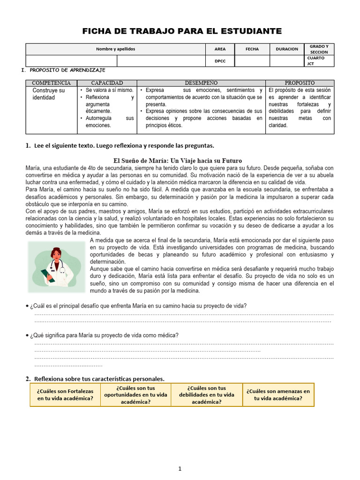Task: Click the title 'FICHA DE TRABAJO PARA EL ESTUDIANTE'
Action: [182, 31]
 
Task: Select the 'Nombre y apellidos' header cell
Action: [115, 49]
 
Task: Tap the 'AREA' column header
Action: [220, 49]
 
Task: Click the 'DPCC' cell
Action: [220, 61]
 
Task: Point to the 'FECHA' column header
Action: [252, 49]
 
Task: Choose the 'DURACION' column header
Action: [286, 49]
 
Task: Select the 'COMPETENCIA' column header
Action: [51, 83]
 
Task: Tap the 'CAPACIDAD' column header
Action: [107, 83]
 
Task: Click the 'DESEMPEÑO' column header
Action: [201, 83]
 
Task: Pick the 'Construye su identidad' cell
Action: [49, 94]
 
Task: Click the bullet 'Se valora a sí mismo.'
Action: [109, 90]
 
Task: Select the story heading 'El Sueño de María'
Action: [178, 160]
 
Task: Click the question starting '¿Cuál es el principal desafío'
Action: [138, 306]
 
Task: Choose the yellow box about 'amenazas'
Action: [278, 395]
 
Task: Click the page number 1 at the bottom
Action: [180, 468]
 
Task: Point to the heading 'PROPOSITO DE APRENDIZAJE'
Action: [67, 70]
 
